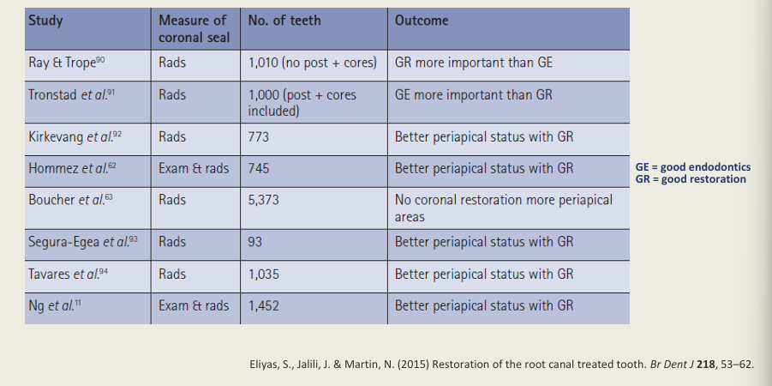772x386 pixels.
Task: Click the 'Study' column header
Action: (x=45, y=21)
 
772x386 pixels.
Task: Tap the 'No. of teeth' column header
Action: (x=284, y=21)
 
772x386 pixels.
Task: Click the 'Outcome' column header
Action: (x=422, y=21)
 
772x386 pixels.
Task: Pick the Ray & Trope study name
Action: (x=63, y=63)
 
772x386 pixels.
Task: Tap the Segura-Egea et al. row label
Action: (x=82, y=242)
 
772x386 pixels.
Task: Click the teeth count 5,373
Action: (x=265, y=200)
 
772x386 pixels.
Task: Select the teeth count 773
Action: (x=259, y=136)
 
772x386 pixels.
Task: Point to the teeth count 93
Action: (x=255, y=242)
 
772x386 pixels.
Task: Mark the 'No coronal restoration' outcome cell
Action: (x=504, y=207)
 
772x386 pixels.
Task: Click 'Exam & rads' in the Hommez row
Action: (x=194, y=168)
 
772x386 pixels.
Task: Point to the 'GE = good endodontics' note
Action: (x=692, y=167)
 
